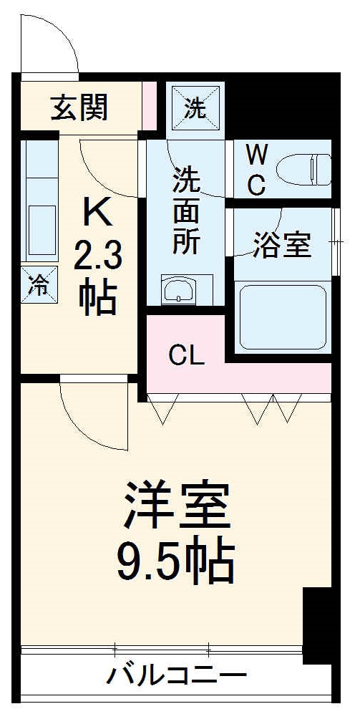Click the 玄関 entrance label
(x=79, y=108)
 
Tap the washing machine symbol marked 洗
(x=193, y=110)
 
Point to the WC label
(x=256, y=169)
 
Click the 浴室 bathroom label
(x=282, y=246)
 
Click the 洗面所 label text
(x=185, y=211)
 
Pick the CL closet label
(x=188, y=354)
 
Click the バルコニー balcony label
(x=177, y=675)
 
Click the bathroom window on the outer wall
(x=334, y=243)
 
